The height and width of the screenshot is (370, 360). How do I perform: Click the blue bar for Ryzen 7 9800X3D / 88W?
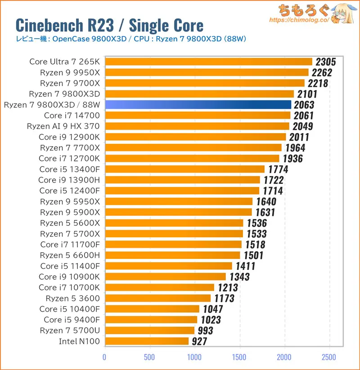pyautogui.click(x=198, y=105)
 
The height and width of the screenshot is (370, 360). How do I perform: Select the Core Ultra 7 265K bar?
pyautogui.click(x=208, y=62)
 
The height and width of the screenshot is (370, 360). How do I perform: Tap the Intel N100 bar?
pyautogui.click(x=147, y=341)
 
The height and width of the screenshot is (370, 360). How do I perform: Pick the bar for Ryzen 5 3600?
pyautogui.click(x=157, y=298)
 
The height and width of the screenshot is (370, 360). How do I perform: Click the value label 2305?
pyautogui.click(x=326, y=62)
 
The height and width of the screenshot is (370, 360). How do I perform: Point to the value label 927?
pyautogui.click(x=198, y=342)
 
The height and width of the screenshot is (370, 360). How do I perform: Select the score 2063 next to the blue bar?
pyautogui.click(x=304, y=105)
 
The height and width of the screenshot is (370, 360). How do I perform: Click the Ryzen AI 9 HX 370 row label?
pyautogui.click(x=63, y=126)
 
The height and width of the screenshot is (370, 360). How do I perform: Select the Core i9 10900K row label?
pyautogui.click(x=69, y=276)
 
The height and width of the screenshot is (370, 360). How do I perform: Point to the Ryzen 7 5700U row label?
pyautogui.click(x=70, y=330)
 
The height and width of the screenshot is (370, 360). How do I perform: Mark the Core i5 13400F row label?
pyautogui.click(x=69, y=169)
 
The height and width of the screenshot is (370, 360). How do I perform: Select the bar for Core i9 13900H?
pyautogui.click(x=182, y=180)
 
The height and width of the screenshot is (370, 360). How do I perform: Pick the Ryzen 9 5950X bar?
pyautogui.click(x=179, y=201)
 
